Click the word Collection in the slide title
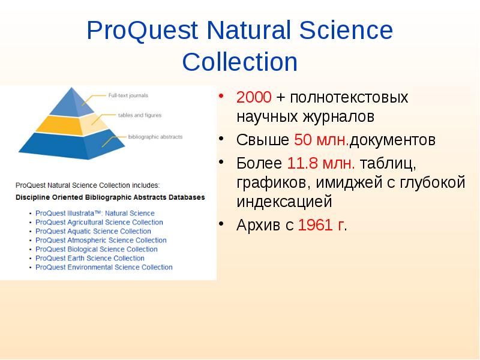click(239, 62)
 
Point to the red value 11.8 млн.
click(322, 163)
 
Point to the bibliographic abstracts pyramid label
click(155, 137)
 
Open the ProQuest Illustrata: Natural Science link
click(95, 213)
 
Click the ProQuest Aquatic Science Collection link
click(93, 231)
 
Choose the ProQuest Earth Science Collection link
click(90, 258)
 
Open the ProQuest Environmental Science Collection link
click(104, 267)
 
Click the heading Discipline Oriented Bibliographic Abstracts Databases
click(110, 197)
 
